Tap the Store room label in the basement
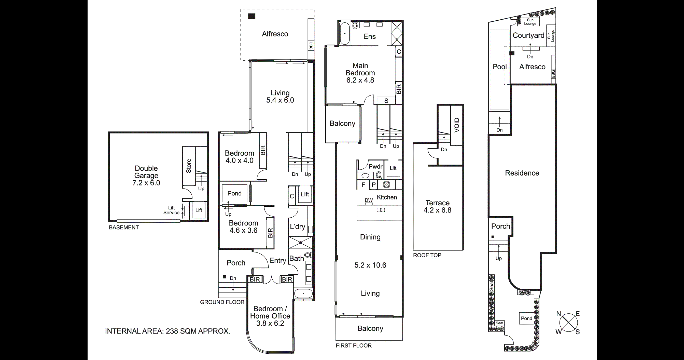coord(189,166)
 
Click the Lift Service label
coord(171,210)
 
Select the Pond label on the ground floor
coord(234,193)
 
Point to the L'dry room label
coord(297,227)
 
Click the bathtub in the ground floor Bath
coord(303,294)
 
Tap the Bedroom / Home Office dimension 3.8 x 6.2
coord(270,323)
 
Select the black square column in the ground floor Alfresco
coord(252,16)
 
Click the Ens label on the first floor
coord(369,37)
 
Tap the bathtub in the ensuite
coord(345,34)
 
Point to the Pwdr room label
coord(375,167)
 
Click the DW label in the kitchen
coord(369,200)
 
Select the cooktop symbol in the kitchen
coord(387,184)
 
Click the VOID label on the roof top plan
coord(457,125)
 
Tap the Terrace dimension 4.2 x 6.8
coord(437,210)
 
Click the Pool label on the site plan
coord(499,67)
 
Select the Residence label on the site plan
coord(522,173)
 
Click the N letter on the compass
coord(559,314)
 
